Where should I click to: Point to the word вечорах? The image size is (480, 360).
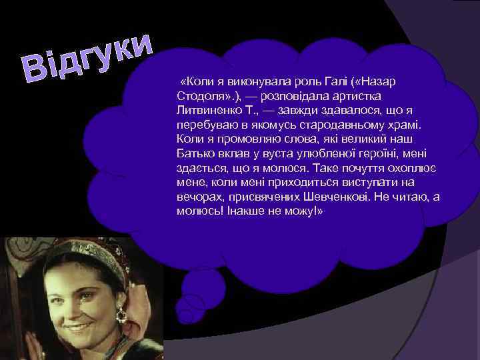(x=197, y=197)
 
